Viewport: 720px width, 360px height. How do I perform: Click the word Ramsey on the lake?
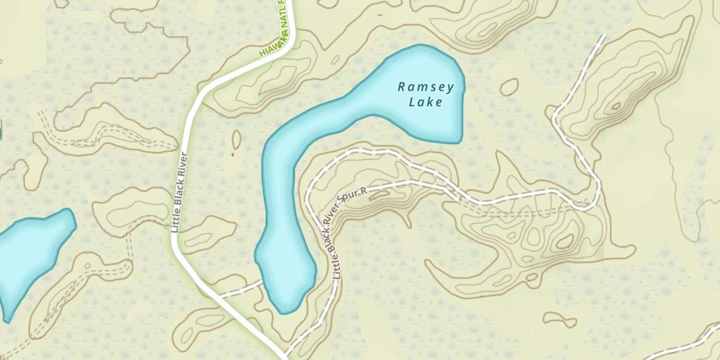(426, 87)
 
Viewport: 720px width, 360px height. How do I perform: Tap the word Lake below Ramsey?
(426, 102)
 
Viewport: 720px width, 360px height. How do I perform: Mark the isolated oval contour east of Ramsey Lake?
(509, 87)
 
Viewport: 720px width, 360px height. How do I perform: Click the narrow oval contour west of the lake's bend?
(236, 139)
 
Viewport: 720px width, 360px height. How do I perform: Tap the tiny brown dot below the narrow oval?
(233, 155)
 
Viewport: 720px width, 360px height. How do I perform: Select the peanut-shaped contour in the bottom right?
(560, 320)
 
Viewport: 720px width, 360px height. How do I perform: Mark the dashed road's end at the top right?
(603, 36)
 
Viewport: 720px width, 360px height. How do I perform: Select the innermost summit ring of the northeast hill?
(615, 106)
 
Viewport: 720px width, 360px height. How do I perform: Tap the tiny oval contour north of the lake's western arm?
(335, 60)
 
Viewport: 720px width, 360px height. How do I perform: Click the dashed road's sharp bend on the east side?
(595, 204)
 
